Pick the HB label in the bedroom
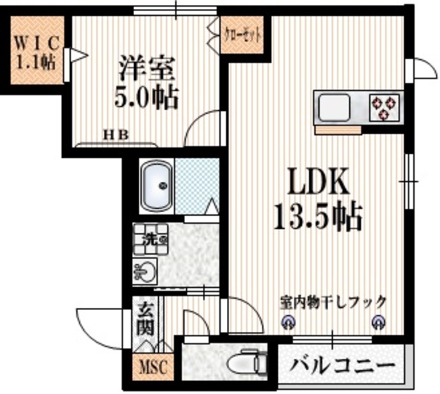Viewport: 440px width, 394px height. [115, 135]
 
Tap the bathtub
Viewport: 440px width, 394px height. [157, 186]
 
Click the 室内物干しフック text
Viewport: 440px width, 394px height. [333, 301]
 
